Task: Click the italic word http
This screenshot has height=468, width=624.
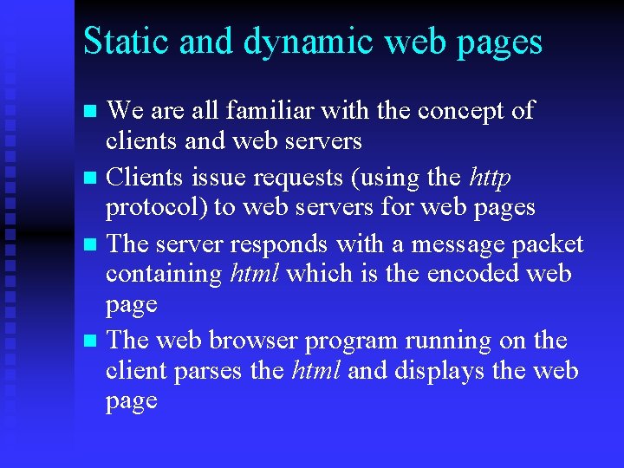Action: pyautogui.click(x=489, y=178)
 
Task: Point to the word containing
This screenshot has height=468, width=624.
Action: pyautogui.click(x=164, y=274)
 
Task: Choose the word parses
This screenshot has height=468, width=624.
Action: pyautogui.click(x=208, y=371)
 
